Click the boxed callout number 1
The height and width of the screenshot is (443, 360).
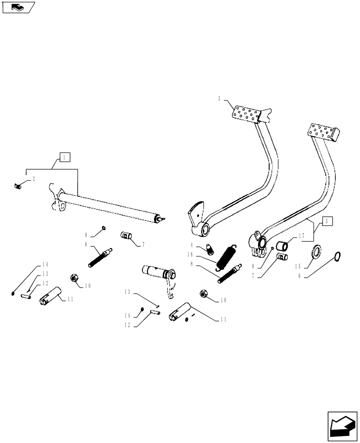coord(64,157)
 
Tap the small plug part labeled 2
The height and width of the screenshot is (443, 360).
coord(18,187)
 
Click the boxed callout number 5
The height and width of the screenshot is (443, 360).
coord(326,221)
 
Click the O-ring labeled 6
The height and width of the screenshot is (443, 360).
coord(338,256)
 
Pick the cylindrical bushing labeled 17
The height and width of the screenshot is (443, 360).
coord(282,245)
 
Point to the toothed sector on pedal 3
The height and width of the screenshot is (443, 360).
coord(196,212)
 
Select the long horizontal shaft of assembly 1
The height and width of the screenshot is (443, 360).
coord(111,205)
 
